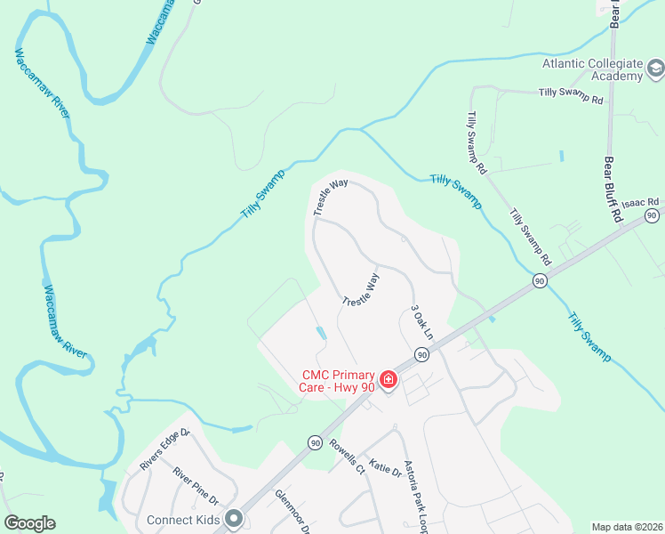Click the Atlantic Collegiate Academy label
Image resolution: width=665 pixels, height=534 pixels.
pyautogui.click(x=592, y=69)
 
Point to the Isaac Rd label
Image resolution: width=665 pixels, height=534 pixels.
pyautogui.click(x=639, y=202)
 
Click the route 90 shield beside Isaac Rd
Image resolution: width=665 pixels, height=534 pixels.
pyautogui.click(x=652, y=216)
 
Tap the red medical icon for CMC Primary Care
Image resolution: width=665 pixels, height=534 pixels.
pyautogui.click(x=388, y=380)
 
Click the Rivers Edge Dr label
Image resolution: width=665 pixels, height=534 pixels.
pyautogui.click(x=165, y=449)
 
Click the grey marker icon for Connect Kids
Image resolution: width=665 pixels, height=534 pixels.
pyautogui.click(x=235, y=517)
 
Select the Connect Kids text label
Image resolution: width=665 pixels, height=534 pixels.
pyautogui.click(x=184, y=520)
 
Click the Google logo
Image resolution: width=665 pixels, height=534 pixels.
pyautogui.click(x=29, y=523)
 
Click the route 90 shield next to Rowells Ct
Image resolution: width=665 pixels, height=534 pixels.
pyautogui.click(x=315, y=442)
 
